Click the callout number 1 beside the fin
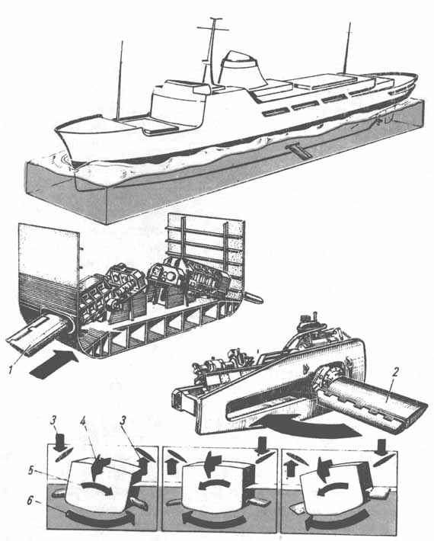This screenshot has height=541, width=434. (11, 370)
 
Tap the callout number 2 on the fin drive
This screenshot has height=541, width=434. (396, 372)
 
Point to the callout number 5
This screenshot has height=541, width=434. (31, 470)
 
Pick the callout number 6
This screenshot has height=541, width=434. (31, 501)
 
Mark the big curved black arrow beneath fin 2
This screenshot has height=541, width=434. (303, 425)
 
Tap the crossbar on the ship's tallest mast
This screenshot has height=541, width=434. (212, 28)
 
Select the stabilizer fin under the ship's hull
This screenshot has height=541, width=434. (297, 151)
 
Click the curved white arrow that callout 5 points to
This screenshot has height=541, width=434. (97, 487)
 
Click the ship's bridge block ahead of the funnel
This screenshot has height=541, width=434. (177, 102)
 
